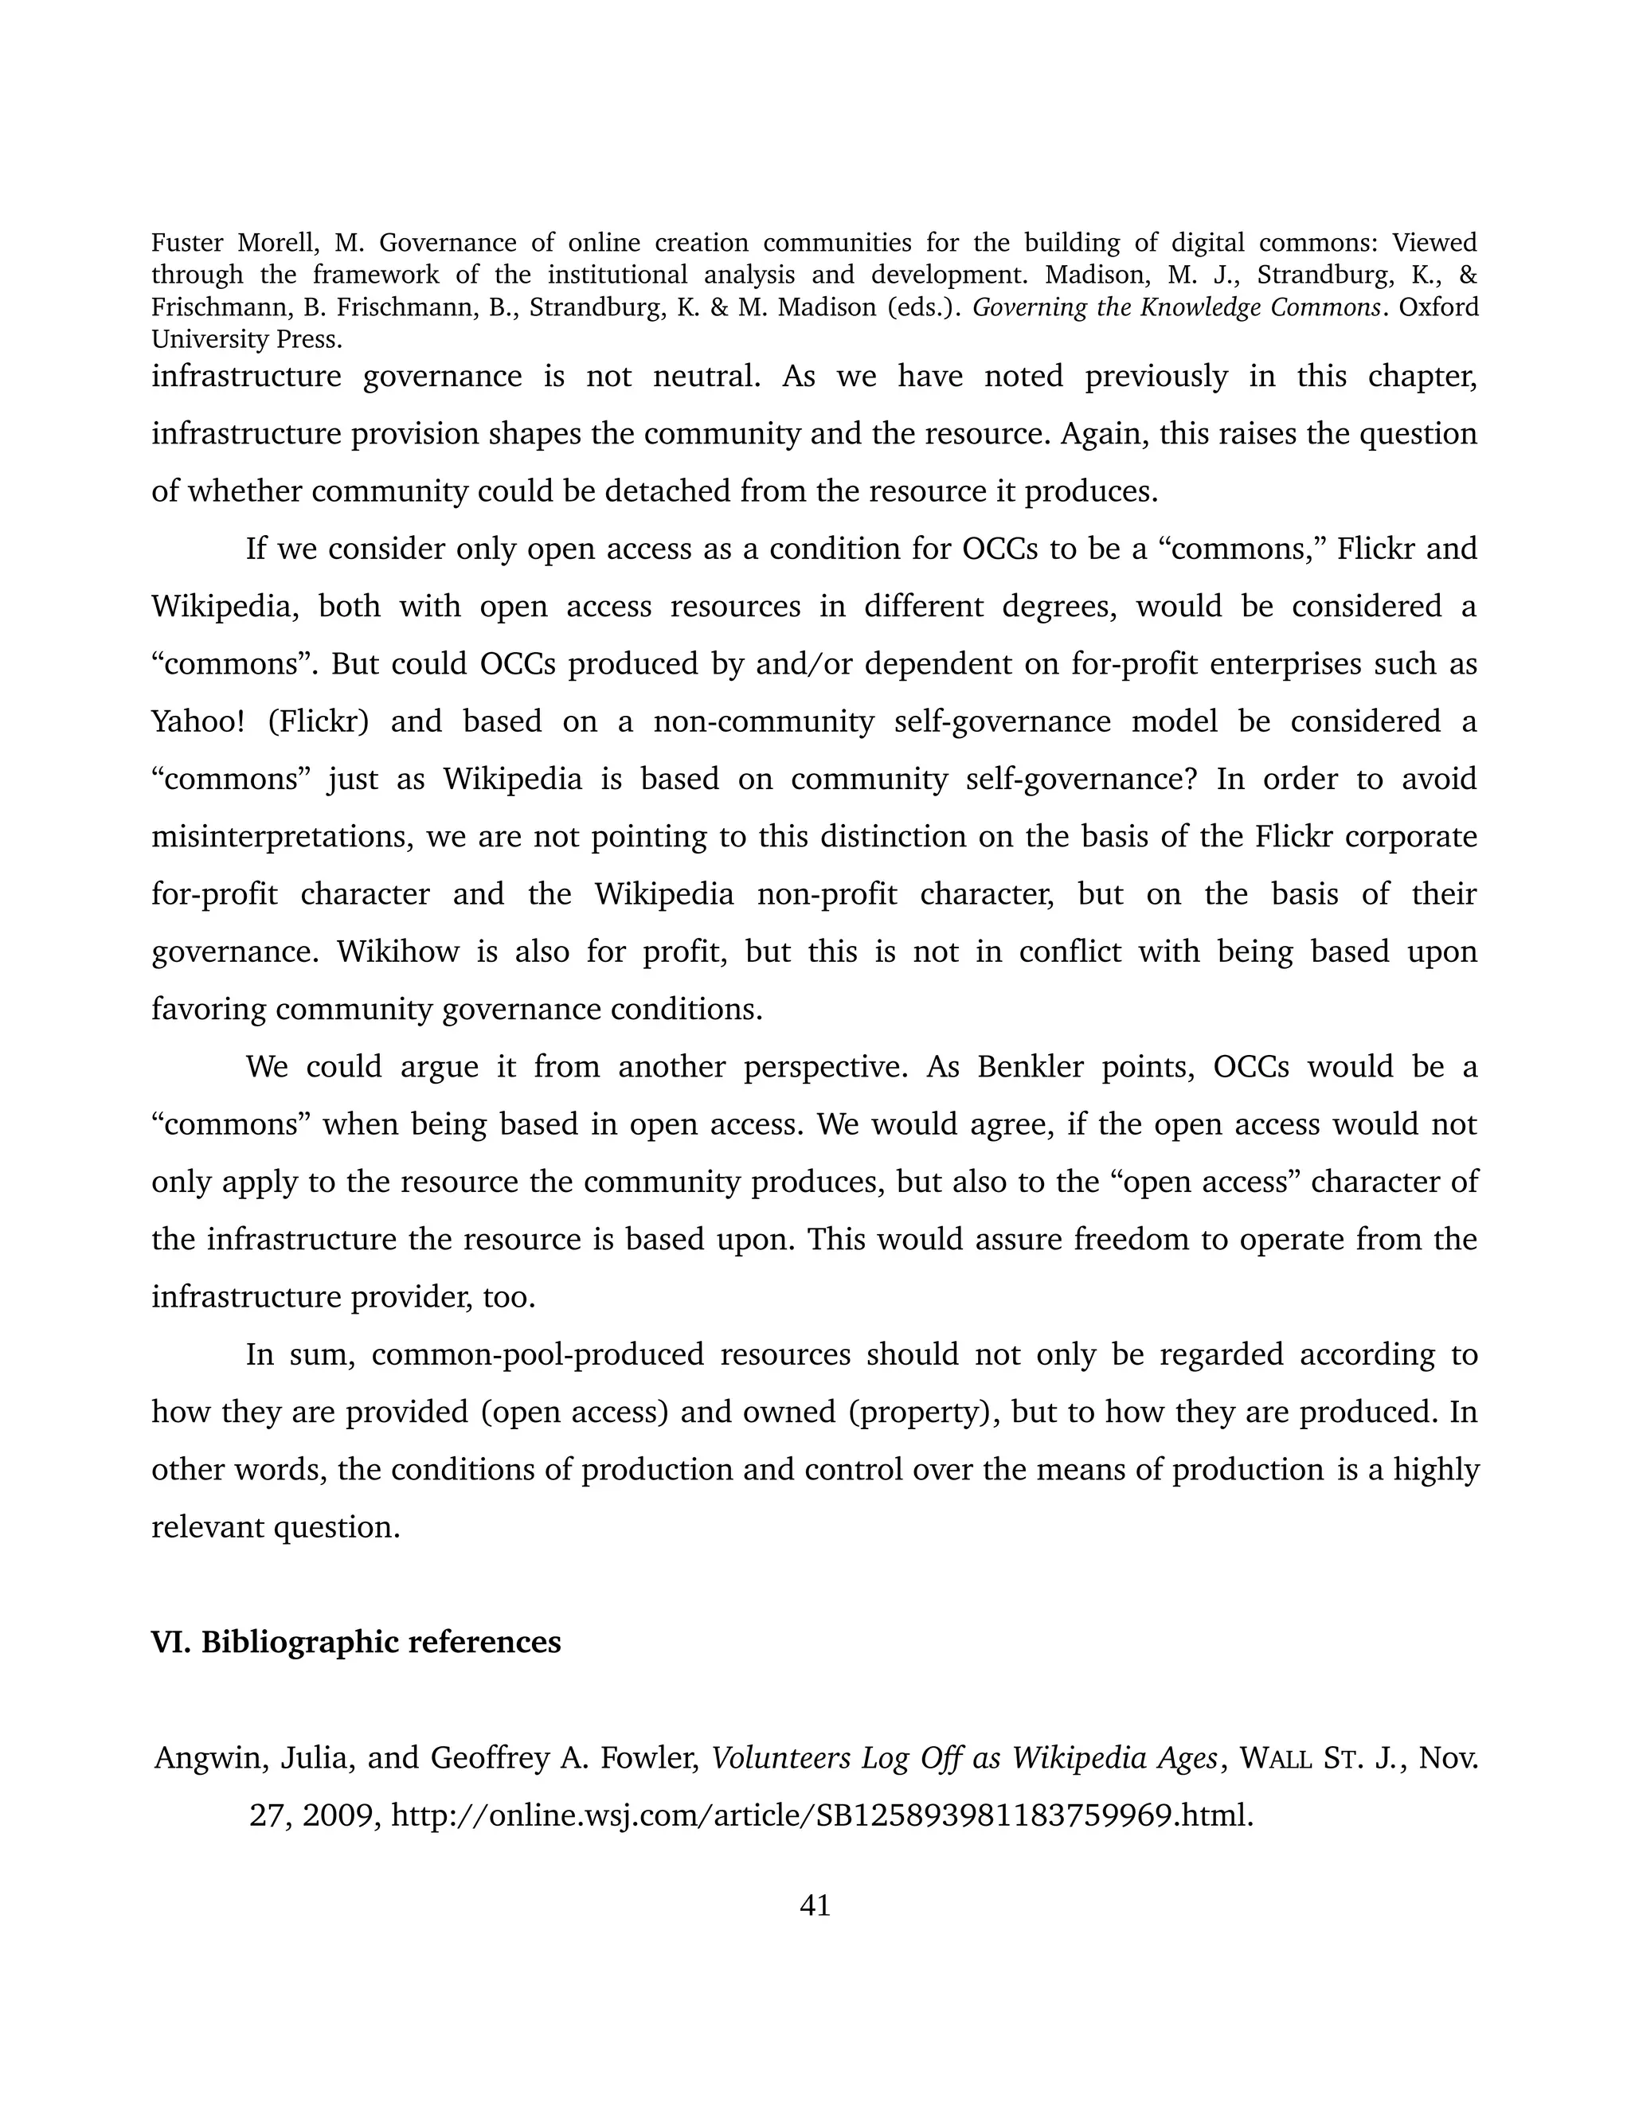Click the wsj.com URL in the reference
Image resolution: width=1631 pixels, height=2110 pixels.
coord(822,1815)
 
